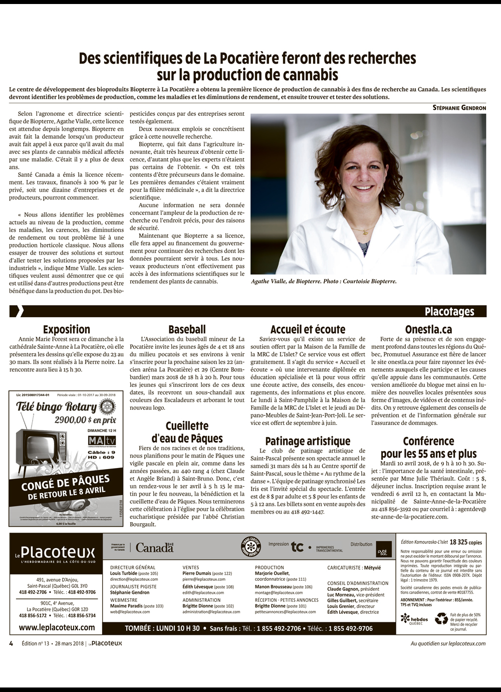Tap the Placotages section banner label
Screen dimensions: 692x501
coord(449,312)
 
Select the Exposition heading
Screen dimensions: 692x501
coord(67,330)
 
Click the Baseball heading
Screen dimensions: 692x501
coord(187,330)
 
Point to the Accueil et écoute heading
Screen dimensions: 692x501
coord(308,330)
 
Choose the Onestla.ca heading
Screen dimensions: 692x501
coord(428,330)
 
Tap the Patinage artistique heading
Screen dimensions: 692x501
coord(308,441)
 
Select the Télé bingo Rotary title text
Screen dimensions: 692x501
coord(56,407)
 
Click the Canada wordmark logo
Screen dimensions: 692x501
coord(154,548)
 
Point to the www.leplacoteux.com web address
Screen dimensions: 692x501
coord(57,627)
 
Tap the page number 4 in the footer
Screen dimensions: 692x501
coord(11,643)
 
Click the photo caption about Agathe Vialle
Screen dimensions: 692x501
coord(324,282)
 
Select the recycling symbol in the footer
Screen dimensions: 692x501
coord(441,619)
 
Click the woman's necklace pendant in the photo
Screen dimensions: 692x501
coord(366,232)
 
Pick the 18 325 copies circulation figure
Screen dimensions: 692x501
coord(465,542)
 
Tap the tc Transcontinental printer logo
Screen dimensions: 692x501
coord(298,547)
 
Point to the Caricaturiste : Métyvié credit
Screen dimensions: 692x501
coord(354,568)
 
